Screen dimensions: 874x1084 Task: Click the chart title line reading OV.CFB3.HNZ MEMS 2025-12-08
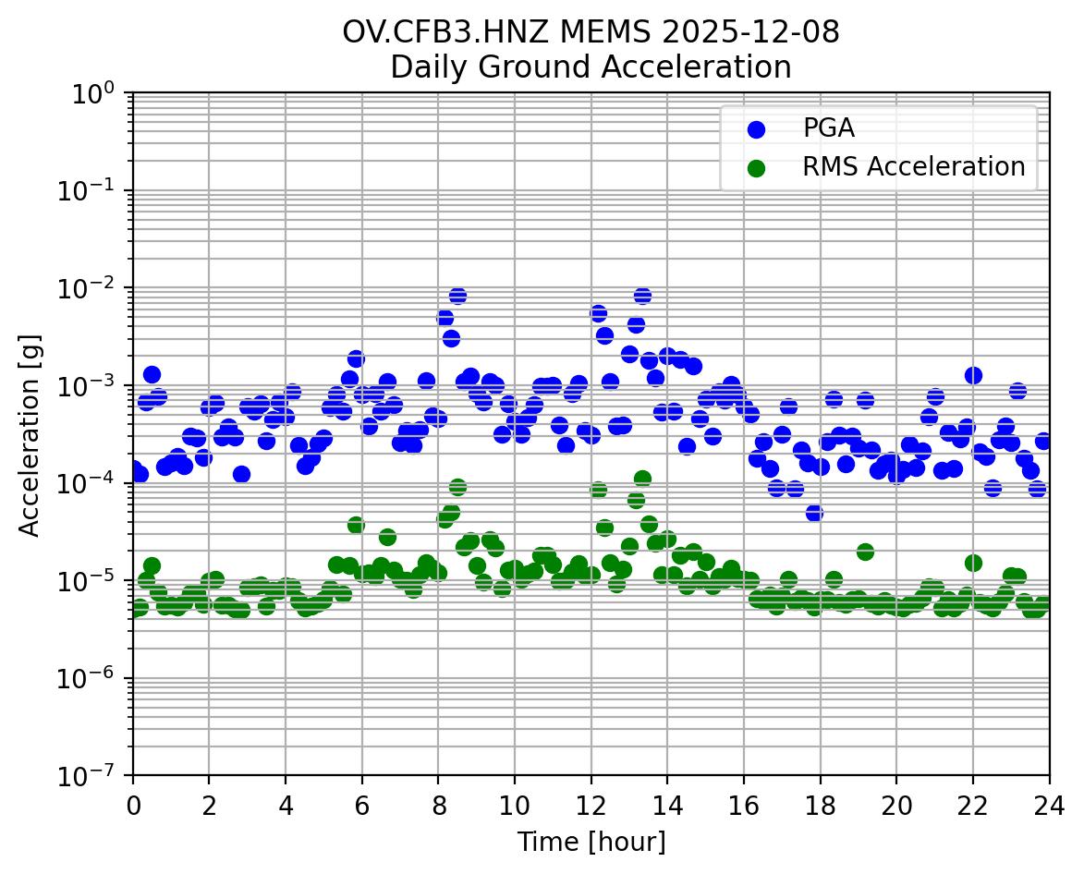(591, 31)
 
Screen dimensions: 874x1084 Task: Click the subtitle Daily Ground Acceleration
(591, 67)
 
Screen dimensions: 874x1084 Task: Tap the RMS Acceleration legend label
(913, 166)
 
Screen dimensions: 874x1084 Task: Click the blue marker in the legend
(757, 129)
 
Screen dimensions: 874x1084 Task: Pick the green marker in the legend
(757, 167)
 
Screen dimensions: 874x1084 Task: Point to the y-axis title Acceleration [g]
(30, 434)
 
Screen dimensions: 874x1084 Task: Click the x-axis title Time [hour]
(591, 842)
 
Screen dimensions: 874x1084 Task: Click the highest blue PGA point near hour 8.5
(457, 296)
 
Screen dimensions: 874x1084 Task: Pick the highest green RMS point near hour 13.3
(642, 479)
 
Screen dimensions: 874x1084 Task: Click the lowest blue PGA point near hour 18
(814, 513)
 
